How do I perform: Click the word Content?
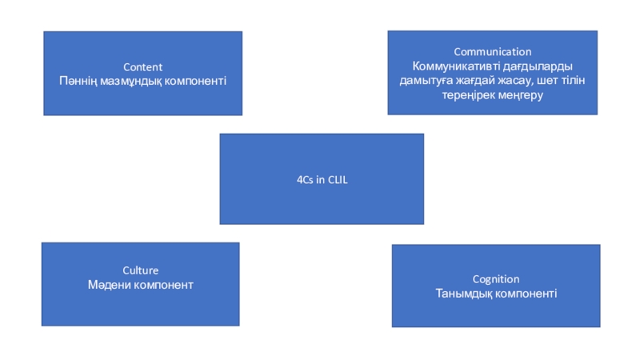coord(142,67)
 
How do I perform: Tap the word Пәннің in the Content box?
coord(78,81)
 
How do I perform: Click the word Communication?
coord(492,52)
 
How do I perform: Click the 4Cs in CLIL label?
coord(322,180)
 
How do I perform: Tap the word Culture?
coord(140,270)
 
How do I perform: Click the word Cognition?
coord(495,279)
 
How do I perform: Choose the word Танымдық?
coord(462,294)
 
